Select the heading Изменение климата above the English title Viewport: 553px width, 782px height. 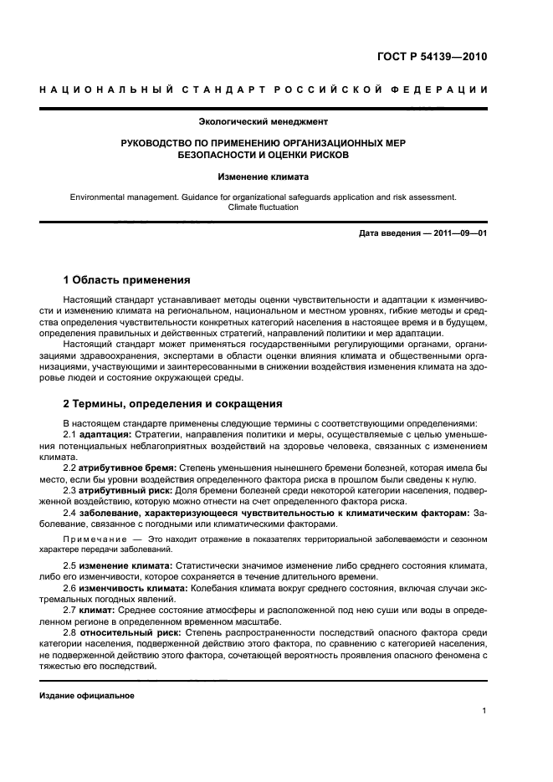pos(264,177)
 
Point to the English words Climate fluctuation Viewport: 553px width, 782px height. pos(264,207)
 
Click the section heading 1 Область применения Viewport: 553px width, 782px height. pos(127,279)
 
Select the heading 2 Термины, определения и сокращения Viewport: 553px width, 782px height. pos(173,403)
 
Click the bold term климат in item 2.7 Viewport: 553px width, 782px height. pos(96,610)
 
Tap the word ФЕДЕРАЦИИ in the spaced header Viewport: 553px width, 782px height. pos(438,89)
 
